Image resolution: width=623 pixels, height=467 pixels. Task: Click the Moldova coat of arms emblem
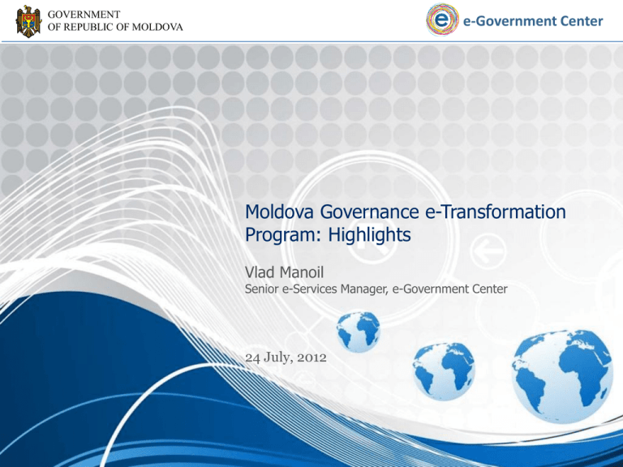[28, 21]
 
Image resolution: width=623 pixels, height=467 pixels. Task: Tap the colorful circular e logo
[442, 19]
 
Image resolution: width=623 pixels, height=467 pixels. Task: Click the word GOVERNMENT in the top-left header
[84, 15]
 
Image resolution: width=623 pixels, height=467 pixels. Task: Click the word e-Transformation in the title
[496, 212]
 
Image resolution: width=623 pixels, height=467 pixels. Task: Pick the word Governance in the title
[370, 212]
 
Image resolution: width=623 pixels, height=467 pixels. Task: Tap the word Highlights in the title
[369, 235]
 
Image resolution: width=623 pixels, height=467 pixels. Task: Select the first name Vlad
[260, 272]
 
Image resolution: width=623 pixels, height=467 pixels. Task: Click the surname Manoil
[302, 272]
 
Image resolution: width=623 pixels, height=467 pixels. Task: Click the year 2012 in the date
[311, 358]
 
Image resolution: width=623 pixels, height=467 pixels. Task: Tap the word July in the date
[276, 358]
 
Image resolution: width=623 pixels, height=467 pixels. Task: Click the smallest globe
[359, 332]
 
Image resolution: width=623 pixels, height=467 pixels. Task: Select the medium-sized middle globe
[444, 371]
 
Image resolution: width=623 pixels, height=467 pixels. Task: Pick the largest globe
[562, 376]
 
